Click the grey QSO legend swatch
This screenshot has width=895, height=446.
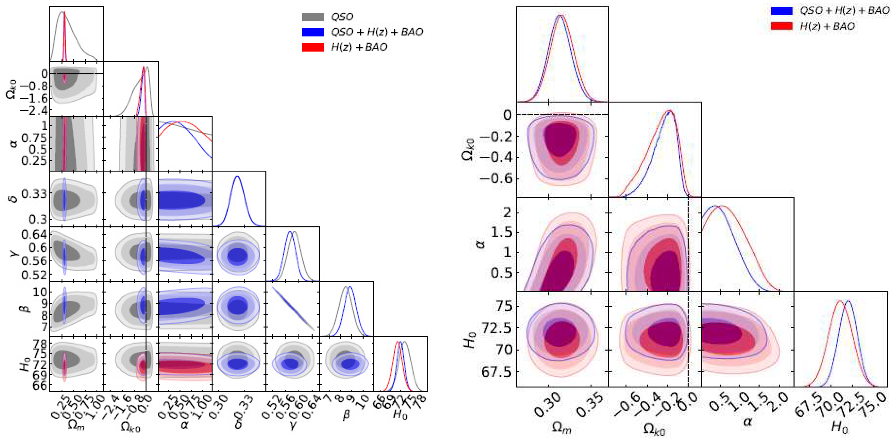(313, 17)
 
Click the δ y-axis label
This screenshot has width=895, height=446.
(14, 199)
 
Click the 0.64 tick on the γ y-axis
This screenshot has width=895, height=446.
(34, 234)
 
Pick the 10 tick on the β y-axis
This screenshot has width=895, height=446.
(40, 291)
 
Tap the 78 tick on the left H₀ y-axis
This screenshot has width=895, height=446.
(40, 344)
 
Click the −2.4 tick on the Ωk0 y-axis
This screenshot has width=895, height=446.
(34, 111)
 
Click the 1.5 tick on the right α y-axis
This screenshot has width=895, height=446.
(501, 232)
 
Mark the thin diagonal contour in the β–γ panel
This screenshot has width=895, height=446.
(293, 309)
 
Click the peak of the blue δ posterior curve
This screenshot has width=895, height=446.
(238, 177)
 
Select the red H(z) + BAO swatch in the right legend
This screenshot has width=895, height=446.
(782, 26)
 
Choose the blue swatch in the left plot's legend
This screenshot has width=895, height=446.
(313, 32)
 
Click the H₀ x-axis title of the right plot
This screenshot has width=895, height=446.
(839, 427)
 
